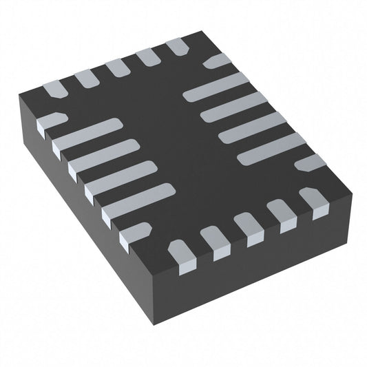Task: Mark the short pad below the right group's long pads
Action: [x=312, y=162]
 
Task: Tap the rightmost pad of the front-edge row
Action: [x=317, y=205]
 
